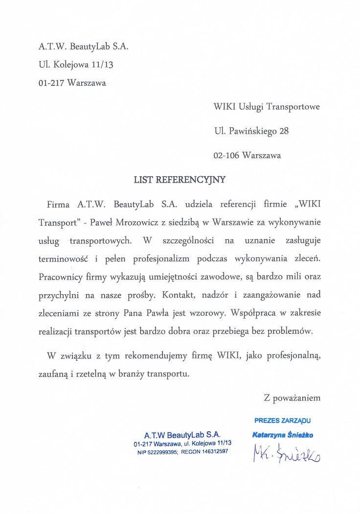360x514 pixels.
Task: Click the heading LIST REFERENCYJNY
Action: click(180, 179)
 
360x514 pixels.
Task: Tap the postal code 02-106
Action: click(226, 156)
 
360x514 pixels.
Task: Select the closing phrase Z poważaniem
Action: click(292, 397)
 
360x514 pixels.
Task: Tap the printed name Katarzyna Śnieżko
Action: click(283, 434)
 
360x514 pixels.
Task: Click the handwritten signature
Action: click(286, 455)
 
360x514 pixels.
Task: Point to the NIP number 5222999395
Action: click(161, 452)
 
